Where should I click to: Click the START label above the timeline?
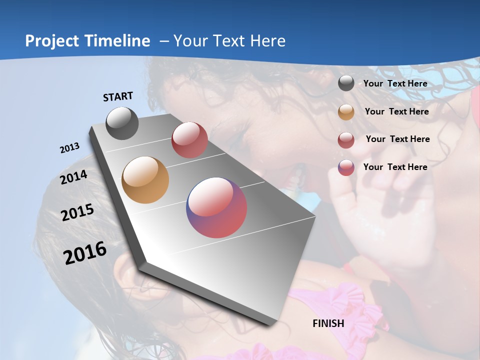(x=118, y=96)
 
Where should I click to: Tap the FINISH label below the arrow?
(x=328, y=323)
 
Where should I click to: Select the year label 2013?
(x=69, y=148)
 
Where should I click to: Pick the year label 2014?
(x=73, y=177)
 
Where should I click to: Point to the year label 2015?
(x=77, y=212)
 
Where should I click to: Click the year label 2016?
(x=85, y=252)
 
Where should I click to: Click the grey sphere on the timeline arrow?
(x=122, y=123)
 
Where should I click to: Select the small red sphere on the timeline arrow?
(x=189, y=140)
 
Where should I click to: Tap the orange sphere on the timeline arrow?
(x=145, y=180)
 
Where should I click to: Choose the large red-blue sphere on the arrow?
(x=216, y=207)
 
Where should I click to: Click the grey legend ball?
(x=346, y=83)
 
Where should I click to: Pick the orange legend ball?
(x=346, y=112)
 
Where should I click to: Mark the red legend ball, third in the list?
(x=346, y=140)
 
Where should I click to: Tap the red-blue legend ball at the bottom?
(x=346, y=167)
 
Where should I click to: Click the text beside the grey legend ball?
(x=395, y=83)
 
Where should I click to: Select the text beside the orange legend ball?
(x=396, y=111)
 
